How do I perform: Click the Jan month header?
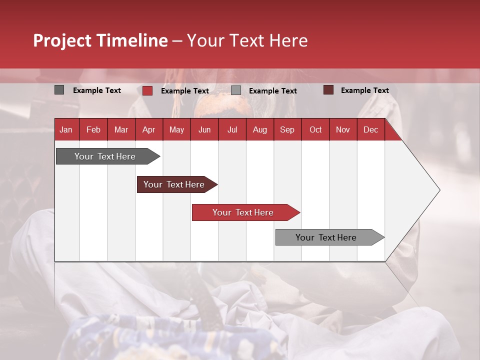click(x=66, y=130)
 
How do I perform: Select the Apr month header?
click(x=149, y=130)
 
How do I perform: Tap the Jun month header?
click(x=204, y=130)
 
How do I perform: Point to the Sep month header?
click(x=287, y=130)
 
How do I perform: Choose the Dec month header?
click(x=370, y=130)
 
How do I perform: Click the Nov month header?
click(x=343, y=130)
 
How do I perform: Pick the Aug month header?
click(x=260, y=130)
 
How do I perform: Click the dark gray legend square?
click(x=59, y=90)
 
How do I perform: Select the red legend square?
click(x=147, y=90)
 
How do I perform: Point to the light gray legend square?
click(x=236, y=90)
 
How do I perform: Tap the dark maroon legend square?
click(x=328, y=90)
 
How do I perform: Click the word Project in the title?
click(x=62, y=40)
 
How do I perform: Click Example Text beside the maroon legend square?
click(x=364, y=90)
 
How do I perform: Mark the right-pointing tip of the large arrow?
click(x=439, y=190)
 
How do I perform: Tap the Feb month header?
click(x=93, y=130)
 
